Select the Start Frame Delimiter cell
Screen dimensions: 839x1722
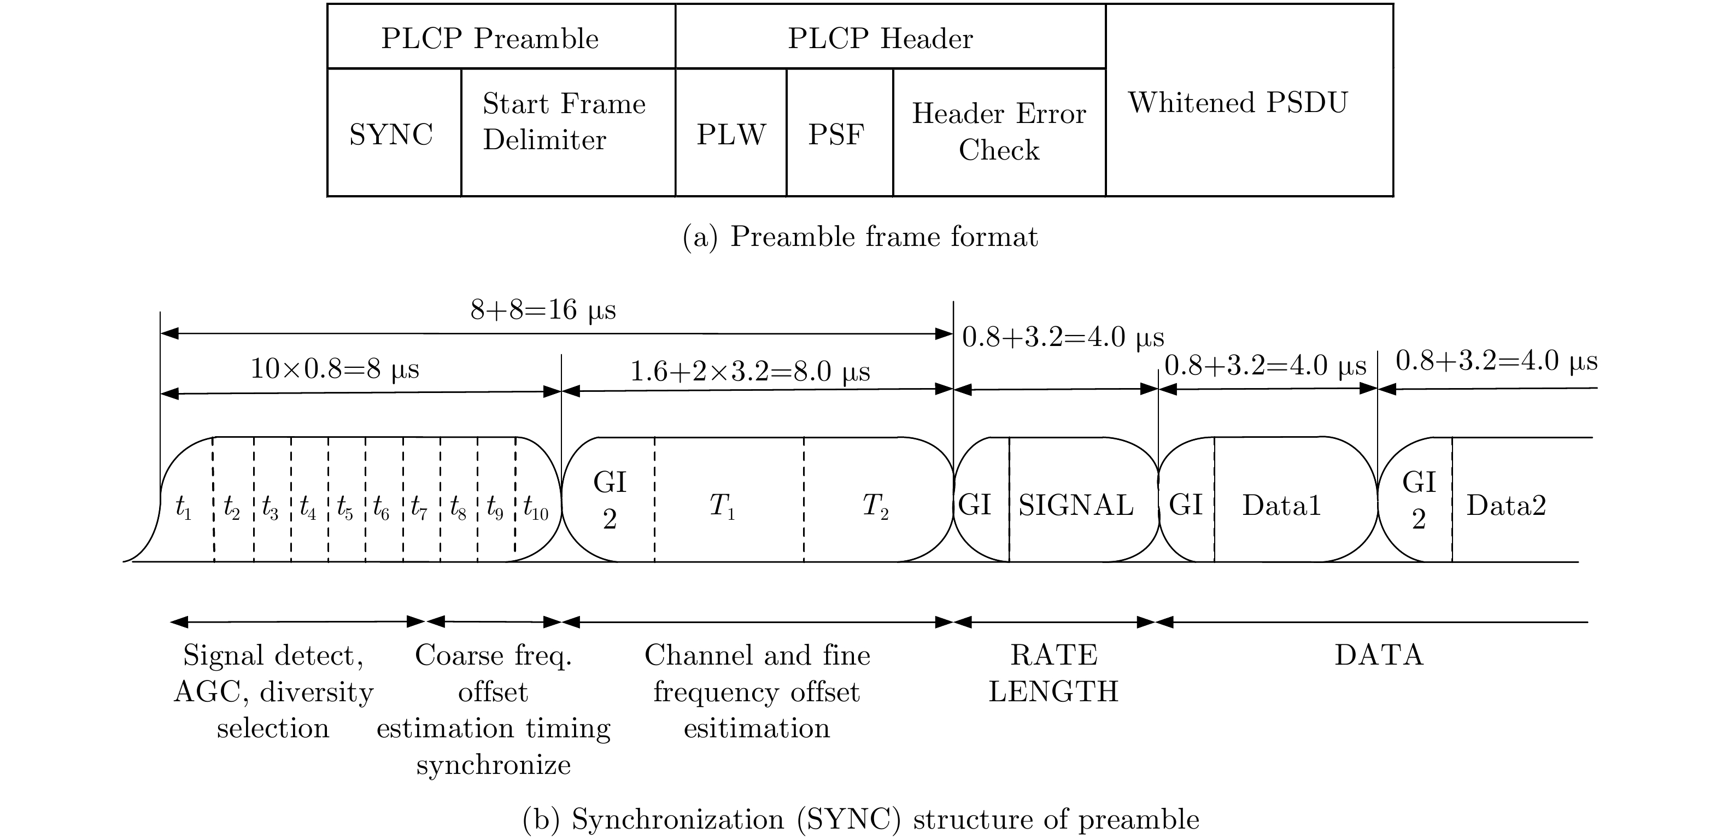pos(564,122)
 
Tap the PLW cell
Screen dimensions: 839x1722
pos(731,134)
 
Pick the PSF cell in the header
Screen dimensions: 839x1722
pos(836,134)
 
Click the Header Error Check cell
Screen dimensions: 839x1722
pos(999,132)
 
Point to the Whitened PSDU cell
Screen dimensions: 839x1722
pos(1238,102)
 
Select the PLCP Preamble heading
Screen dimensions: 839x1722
pos(490,38)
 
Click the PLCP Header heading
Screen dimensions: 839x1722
pos(880,38)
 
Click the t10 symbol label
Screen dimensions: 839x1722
pos(535,508)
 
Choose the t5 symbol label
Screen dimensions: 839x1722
pos(345,508)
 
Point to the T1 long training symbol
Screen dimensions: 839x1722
pos(722,506)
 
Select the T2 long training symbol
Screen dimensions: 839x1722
pos(875,506)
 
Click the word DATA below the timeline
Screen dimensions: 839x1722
pos(1379,655)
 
